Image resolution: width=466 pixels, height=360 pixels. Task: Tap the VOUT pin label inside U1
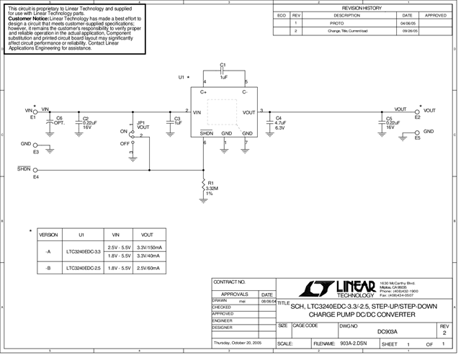[248, 112]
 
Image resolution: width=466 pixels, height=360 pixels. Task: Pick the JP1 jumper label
[142, 122]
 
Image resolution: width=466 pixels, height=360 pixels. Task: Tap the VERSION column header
[48, 235]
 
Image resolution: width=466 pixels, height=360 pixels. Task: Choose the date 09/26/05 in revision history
[407, 31]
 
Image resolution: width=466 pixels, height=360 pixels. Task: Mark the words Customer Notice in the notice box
[28, 17]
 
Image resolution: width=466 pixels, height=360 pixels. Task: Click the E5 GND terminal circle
[417, 132]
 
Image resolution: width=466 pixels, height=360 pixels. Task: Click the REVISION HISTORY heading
[362, 7]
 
